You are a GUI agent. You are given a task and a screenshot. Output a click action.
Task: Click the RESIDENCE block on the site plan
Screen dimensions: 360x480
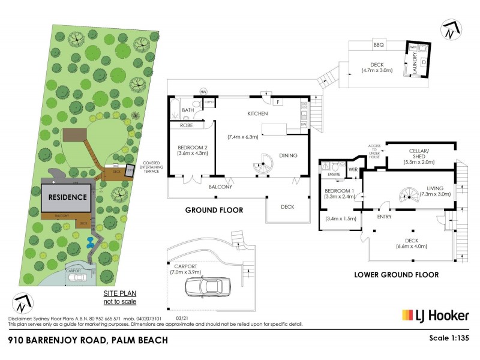click(x=67, y=196)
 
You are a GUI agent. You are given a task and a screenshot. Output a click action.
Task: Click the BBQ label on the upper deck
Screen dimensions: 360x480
click(x=378, y=46)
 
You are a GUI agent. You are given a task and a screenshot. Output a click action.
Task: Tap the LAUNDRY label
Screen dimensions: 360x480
click(x=415, y=60)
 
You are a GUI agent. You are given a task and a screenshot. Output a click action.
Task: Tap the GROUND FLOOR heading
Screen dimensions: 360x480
click(x=214, y=210)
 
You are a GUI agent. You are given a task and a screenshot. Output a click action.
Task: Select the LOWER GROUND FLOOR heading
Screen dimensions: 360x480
click(x=404, y=274)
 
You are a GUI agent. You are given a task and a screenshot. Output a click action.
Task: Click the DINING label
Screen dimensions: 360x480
click(x=288, y=155)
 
